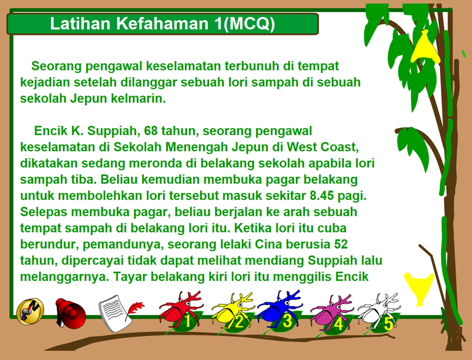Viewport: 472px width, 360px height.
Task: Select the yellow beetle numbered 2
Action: click(233, 311)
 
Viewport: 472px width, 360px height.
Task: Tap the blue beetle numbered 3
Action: click(280, 309)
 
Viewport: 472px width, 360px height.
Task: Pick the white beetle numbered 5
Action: click(380, 312)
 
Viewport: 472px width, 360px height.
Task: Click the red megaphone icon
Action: click(71, 312)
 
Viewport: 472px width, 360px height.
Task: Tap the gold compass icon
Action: click(30, 311)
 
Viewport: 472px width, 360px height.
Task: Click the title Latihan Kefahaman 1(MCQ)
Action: click(162, 23)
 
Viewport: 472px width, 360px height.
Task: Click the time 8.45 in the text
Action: click(322, 196)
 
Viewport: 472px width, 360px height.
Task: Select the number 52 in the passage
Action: click(341, 244)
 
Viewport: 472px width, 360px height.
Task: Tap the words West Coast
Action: click(322, 147)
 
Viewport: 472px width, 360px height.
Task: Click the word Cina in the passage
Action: click(268, 244)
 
